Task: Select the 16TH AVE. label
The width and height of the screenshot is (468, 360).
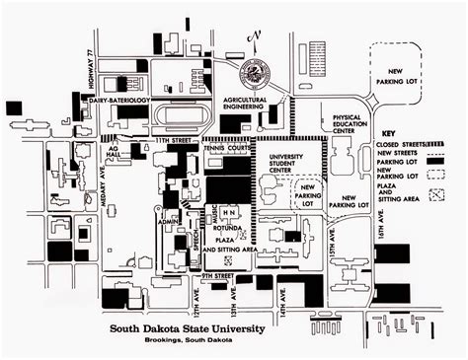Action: (381, 237)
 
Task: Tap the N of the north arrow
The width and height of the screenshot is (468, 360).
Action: (255, 37)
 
